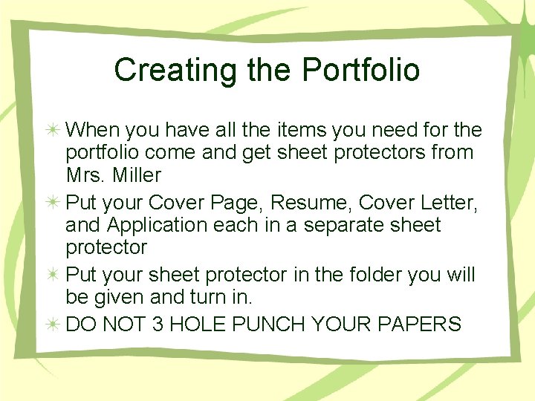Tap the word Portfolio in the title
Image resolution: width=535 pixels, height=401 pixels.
pos(361,70)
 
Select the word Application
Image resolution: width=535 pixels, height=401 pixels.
pos(155,225)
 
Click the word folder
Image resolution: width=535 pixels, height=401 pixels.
pos(374,276)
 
